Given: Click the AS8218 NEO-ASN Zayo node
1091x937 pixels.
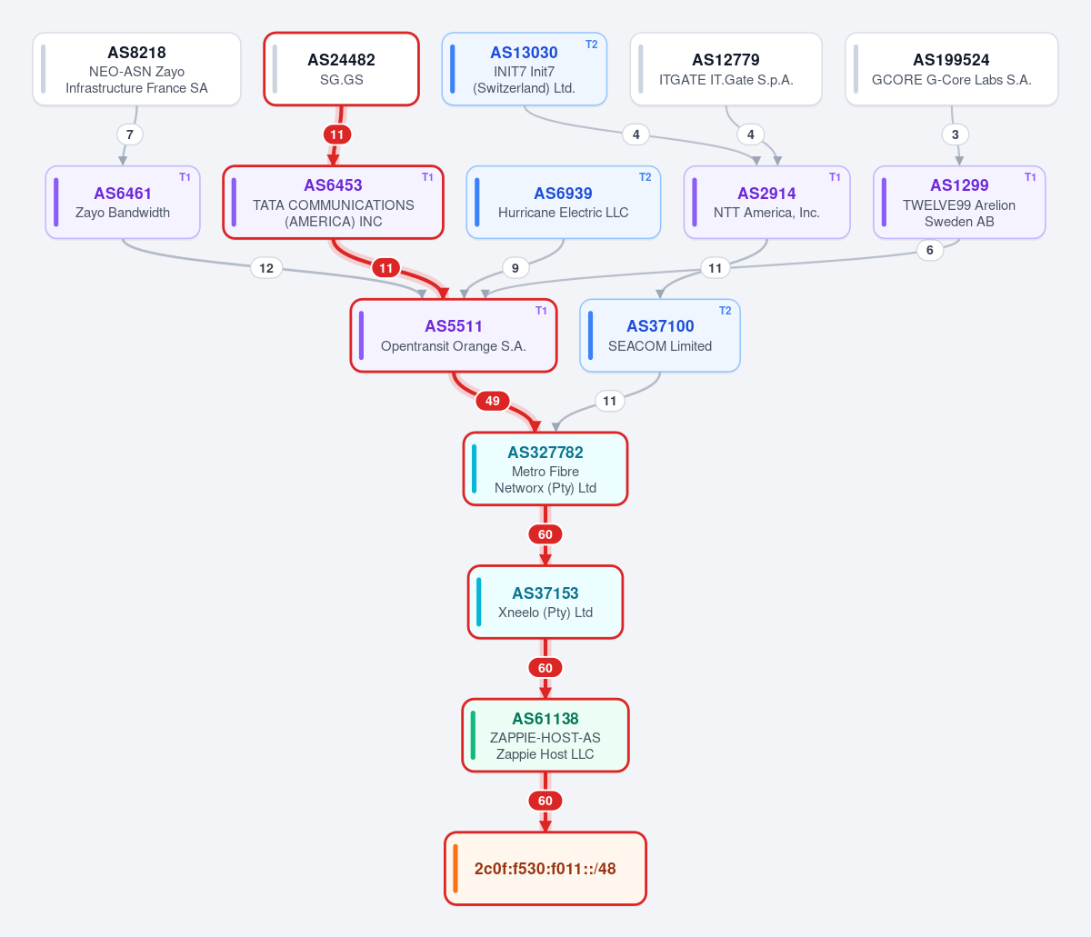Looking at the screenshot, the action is [x=136, y=69].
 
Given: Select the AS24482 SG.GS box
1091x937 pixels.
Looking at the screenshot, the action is [x=342, y=69].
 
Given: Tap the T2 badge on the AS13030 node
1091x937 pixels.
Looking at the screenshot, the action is [x=591, y=45].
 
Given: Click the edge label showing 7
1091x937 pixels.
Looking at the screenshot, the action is [x=130, y=135].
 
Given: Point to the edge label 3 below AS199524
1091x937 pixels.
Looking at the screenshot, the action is [x=955, y=135].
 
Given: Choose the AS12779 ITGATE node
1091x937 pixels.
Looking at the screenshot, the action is [x=726, y=69].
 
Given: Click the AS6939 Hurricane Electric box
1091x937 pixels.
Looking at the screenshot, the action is [x=563, y=202].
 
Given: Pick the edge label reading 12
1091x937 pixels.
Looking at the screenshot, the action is [x=266, y=268].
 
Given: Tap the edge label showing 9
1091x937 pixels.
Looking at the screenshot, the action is [x=515, y=268].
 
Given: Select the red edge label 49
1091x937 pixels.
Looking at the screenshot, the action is [x=493, y=401].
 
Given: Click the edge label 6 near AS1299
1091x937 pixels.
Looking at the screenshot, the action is [x=929, y=250].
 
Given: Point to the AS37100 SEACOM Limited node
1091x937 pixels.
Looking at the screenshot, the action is [x=660, y=335].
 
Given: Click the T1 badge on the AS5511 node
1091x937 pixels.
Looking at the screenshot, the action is [x=541, y=311].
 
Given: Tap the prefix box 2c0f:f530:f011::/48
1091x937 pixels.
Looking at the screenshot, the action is [x=545, y=869].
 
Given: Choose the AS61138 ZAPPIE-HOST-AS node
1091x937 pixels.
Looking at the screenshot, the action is [x=545, y=735].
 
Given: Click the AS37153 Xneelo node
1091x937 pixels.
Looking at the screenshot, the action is [x=545, y=602].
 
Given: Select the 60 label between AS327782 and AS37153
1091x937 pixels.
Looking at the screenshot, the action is [x=545, y=534].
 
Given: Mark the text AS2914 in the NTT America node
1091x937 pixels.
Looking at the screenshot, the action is [x=766, y=194].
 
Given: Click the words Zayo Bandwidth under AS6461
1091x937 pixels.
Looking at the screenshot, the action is [x=123, y=213].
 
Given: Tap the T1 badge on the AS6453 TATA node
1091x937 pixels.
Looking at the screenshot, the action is [x=427, y=177].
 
